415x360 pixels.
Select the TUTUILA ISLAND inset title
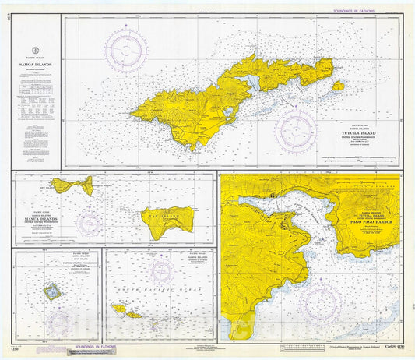(x=364, y=133)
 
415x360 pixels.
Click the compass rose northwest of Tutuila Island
(x=128, y=50)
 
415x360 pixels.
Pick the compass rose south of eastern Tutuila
(x=296, y=129)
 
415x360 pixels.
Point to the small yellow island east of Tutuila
(x=338, y=86)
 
